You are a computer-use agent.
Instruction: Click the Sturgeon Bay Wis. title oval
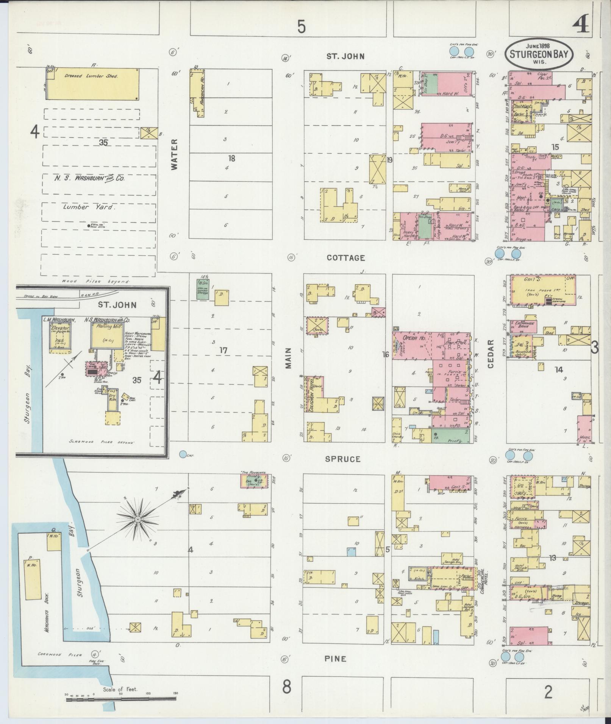(539, 54)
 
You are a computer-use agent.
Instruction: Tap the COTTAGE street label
(345, 258)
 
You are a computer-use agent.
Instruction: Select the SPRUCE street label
(343, 459)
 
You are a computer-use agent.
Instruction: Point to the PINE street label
(335, 659)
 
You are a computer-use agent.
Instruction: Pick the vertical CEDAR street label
(491, 354)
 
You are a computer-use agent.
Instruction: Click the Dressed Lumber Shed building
(92, 84)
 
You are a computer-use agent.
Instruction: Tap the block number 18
(231, 158)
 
